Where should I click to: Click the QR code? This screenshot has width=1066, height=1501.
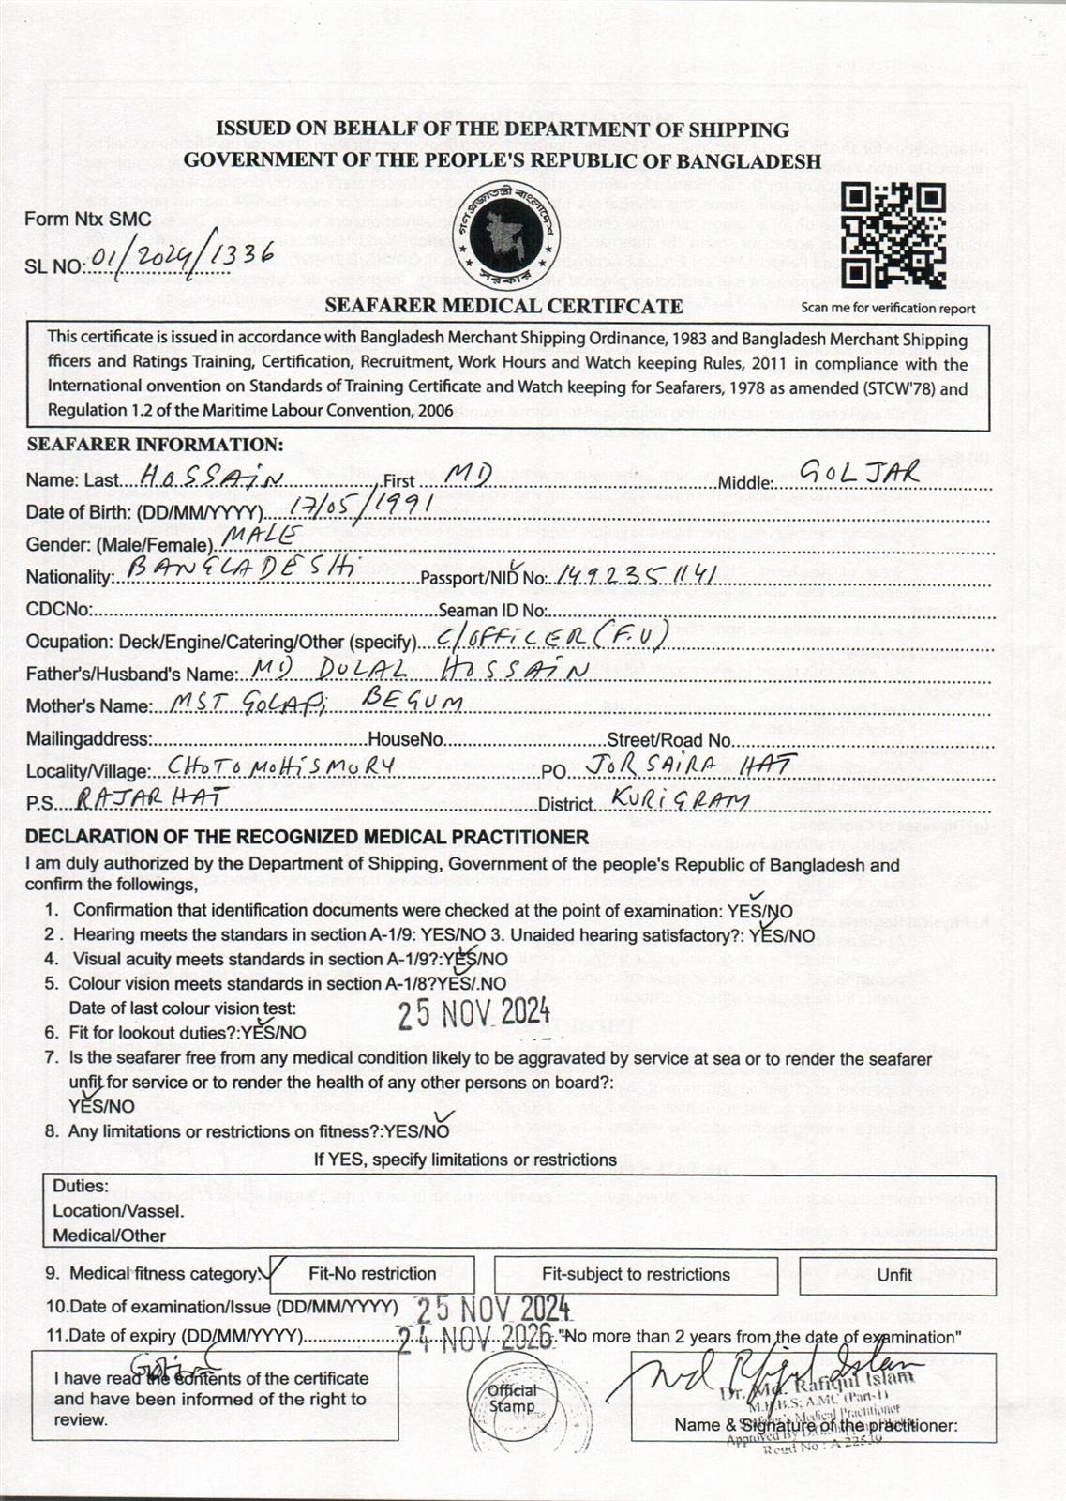click(892, 235)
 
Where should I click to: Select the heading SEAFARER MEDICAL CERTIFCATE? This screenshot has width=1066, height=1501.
click(503, 306)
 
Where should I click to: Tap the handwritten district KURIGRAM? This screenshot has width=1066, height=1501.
click(679, 798)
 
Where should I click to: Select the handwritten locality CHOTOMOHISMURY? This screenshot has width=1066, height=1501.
click(279, 766)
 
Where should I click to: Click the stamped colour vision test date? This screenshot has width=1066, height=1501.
click(473, 1013)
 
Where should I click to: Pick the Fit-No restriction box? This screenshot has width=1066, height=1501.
click(372, 1274)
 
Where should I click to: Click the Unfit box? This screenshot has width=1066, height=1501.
click(895, 1275)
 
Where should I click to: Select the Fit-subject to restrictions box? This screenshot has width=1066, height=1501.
click(636, 1274)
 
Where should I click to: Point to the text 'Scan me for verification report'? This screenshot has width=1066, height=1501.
click(888, 308)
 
